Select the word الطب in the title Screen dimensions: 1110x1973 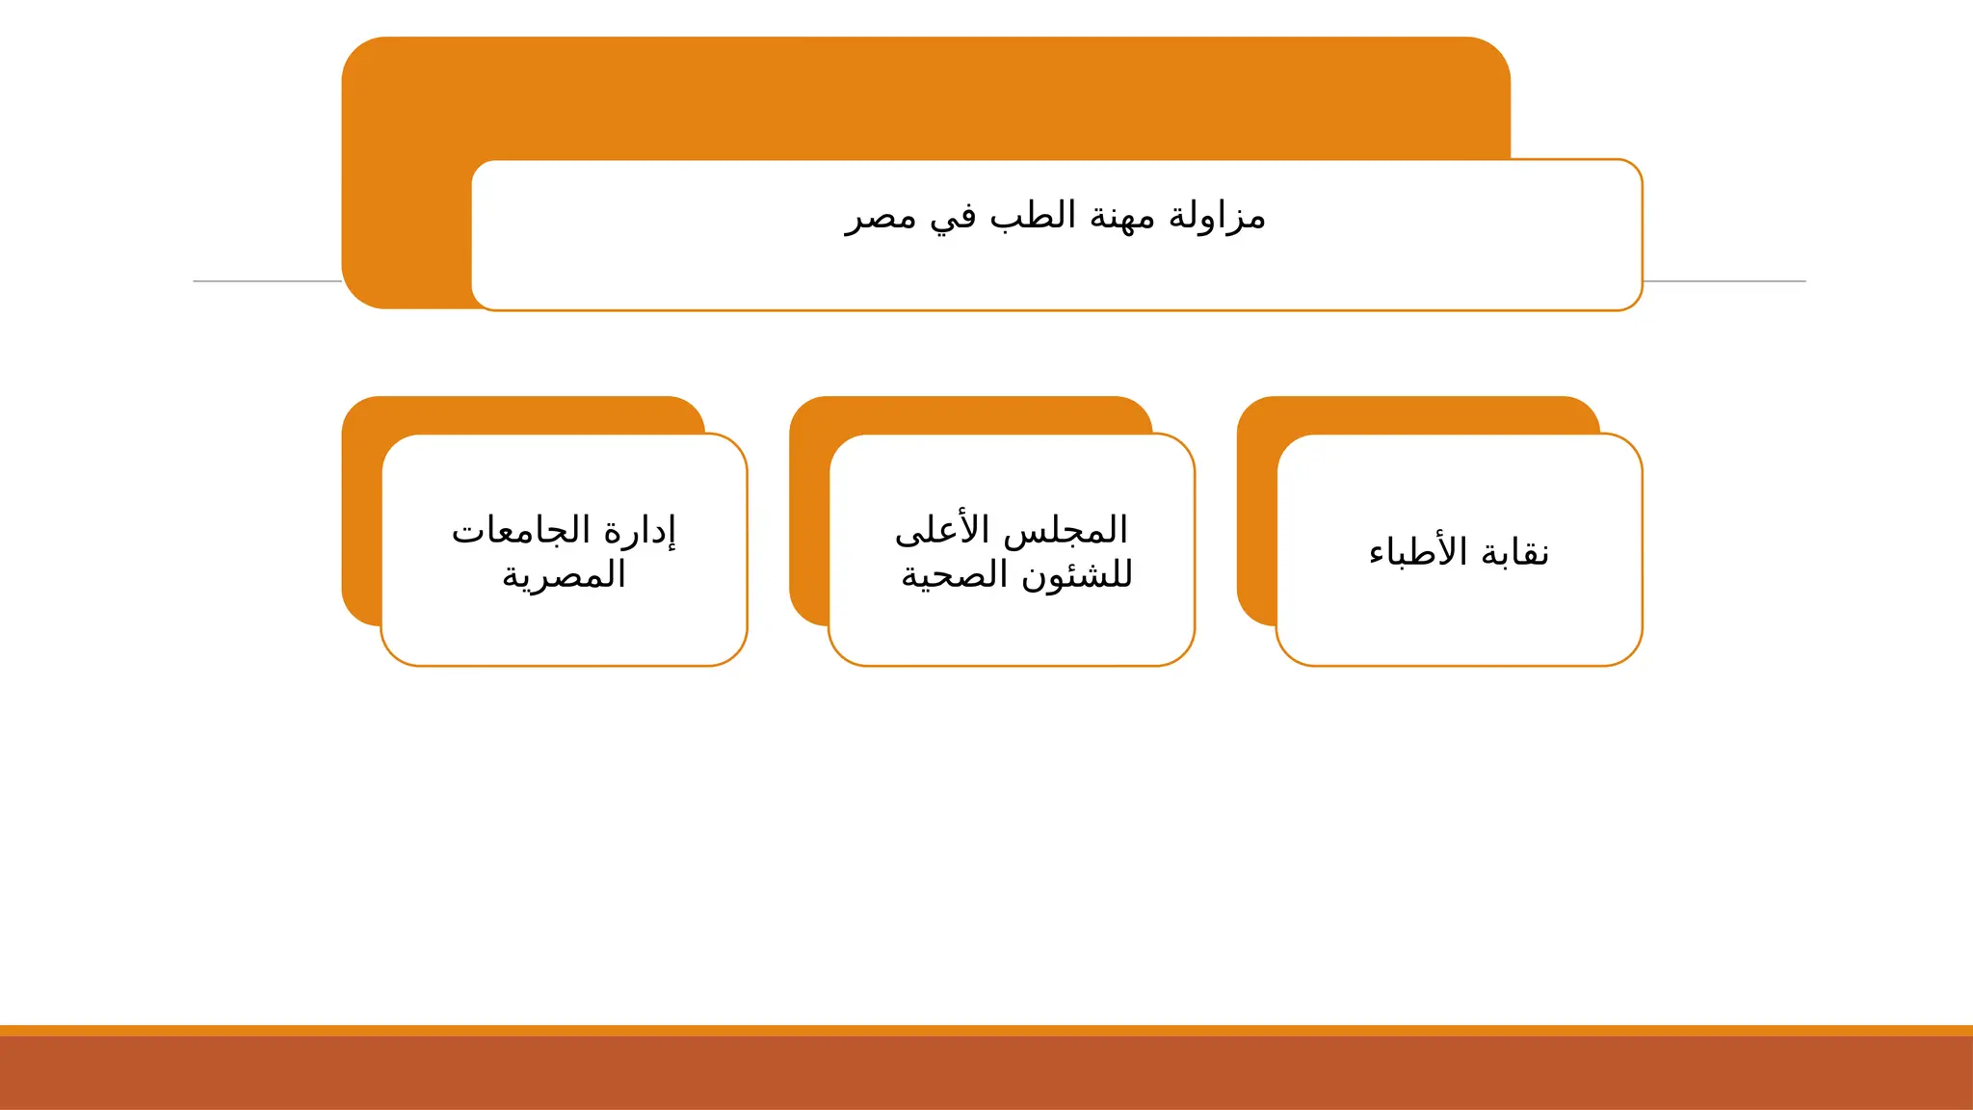(1033, 216)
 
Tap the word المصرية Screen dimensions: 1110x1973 (565, 576)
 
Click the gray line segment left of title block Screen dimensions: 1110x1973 (267, 281)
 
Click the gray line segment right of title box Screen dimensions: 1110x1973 (1724, 281)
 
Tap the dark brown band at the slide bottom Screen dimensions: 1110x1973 (986, 1073)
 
